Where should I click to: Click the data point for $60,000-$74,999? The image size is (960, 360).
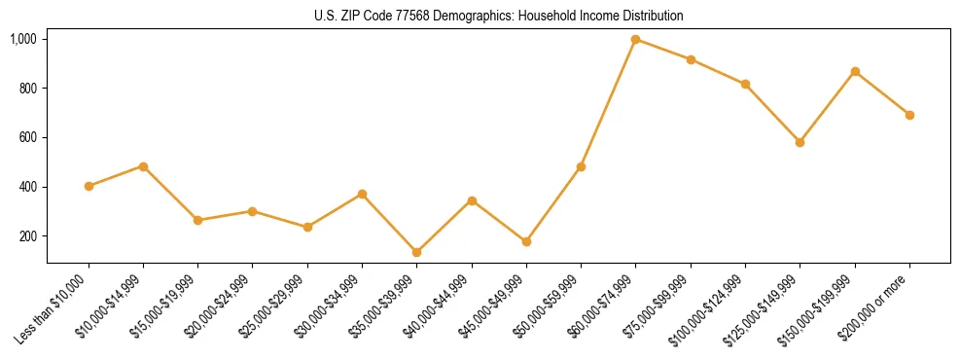tap(635, 39)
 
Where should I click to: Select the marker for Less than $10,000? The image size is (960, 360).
tap(89, 186)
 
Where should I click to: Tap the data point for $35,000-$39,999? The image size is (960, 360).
tap(416, 252)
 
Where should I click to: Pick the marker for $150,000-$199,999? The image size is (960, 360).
tap(855, 71)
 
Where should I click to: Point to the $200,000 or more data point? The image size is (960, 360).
tap(909, 115)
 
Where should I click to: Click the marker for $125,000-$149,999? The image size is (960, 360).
tap(800, 142)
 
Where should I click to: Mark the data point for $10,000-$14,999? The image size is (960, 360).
tap(143, 166)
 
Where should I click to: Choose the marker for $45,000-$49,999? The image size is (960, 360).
tap(526, 241)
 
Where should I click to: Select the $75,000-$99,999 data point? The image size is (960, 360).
tap(691, 59)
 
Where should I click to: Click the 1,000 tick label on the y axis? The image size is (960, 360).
tap(23, 39)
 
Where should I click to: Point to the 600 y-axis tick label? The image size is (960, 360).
tap(27, 137)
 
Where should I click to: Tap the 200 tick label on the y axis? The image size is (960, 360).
tap(27, 236)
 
